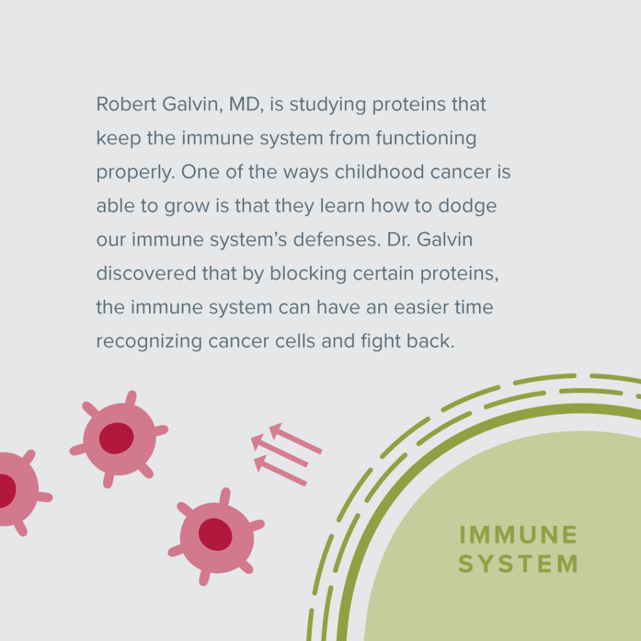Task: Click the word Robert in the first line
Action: point(126,104)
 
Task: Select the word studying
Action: point(327,105)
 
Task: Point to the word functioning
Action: point(426,139)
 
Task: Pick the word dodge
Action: point(467,207)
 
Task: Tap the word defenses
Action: point(336,240)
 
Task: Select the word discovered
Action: point(146,273)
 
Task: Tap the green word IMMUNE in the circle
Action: point(518,535)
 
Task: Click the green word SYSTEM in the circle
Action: point(518,564)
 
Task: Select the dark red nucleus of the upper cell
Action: point(116,438)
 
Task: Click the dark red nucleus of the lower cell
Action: point(215,535)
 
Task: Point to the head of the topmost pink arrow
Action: point(276,431)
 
